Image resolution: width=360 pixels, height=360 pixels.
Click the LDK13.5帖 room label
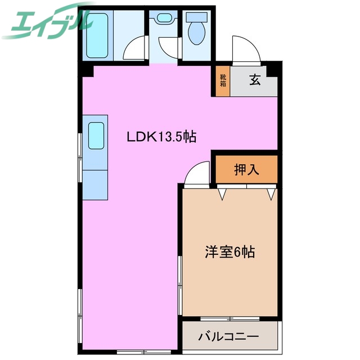161,136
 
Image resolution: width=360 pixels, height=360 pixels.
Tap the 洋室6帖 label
229,253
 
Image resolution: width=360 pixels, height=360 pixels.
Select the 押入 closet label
246,169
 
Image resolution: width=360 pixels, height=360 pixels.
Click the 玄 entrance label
255,80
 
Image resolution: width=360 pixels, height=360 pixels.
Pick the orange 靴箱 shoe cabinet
223,80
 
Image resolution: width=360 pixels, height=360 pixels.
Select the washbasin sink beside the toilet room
164,18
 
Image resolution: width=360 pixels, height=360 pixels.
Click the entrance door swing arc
246,50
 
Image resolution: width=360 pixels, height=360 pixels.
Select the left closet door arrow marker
223,195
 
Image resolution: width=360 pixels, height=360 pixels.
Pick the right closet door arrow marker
271,195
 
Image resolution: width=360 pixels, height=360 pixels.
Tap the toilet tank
197,17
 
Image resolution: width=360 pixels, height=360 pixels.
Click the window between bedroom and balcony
231,319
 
